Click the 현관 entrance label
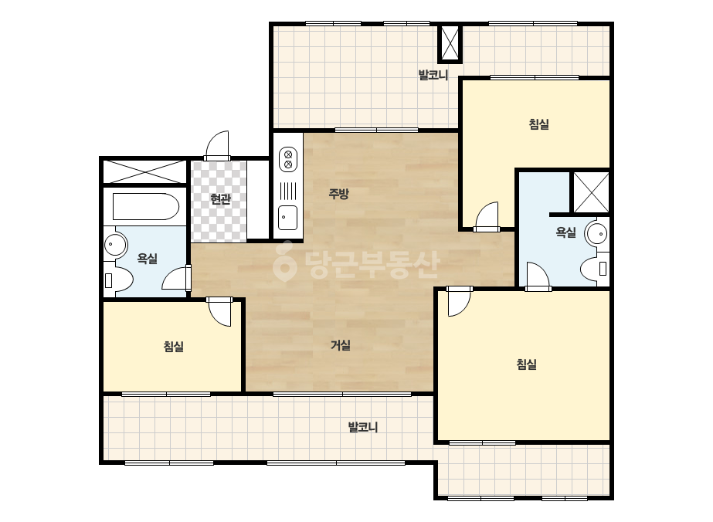click(x=220, y=199)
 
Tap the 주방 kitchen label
click(x=339, y=194)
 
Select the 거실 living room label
click(x=341, y=346)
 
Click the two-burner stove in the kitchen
click(x=288, y=159)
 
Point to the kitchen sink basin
click(x=288, y=218)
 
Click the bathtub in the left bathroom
click(x=145, y=207)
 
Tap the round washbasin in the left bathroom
click(x=115, y=245)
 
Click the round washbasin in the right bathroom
click(x=597, y=234)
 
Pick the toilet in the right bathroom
click(x=594, y=269)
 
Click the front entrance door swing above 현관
click(x=217, y=146)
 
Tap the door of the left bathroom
click(x=176, y=278)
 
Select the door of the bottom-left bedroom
click(x=220, y=312)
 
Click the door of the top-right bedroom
click(x=487, y=217)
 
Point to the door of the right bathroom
click(x=538, y=276)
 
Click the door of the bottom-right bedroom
click(x=460, y=301)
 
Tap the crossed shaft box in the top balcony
click(x=450, y=44)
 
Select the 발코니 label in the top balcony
click(x=433, y=75)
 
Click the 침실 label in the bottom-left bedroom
click(x=174, y=347)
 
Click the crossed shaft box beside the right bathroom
click(x=591, y=192)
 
